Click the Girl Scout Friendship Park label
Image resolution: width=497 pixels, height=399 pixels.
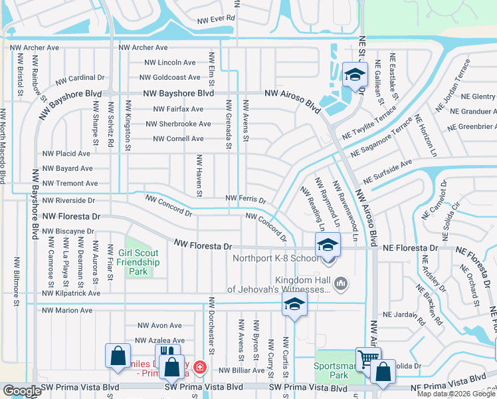click(x=139, y=263)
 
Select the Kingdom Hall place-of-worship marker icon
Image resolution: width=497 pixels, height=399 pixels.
click(x=342, y=284)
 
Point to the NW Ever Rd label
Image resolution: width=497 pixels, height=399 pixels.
click(x=217, y=19)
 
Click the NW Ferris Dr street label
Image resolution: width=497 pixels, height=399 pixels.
click(x=245, y=199)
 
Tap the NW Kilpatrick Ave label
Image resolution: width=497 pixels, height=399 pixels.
click(x=70, y=293)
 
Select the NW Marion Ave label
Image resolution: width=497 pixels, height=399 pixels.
click(x=67, y=310)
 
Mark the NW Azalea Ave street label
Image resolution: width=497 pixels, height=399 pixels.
click(x=159, y=340)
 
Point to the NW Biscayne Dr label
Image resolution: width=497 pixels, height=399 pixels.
click(x=68, y=231)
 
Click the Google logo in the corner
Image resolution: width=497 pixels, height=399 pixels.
click(x=21, y=391)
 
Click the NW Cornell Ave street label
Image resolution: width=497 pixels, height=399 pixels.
click(x=178, y=139)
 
